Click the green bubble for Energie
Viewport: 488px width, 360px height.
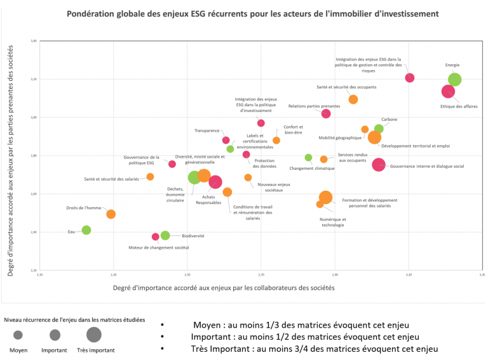(454, 80)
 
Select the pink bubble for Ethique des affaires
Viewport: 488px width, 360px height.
(449, 92)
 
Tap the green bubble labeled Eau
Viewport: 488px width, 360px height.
(86, 230)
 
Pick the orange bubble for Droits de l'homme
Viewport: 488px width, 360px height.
(111, 214)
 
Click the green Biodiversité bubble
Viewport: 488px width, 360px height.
(165, 235)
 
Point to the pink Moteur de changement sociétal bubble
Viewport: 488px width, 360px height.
(156, 237)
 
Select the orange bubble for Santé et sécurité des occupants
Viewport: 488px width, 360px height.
(353, 99)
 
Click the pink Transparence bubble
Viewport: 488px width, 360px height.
(226, 140)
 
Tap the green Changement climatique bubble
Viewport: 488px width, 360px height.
(308, 157)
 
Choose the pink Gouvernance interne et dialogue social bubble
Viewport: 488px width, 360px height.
(379, 165)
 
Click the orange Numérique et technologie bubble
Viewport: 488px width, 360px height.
(320, 204)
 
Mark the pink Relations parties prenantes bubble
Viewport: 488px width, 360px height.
(326, 114)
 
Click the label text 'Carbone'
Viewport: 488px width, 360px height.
(390, 120)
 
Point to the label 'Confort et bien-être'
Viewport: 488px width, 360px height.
(293, 130)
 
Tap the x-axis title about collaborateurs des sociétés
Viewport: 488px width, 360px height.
(223, 287)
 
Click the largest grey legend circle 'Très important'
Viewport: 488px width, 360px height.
(94, 335)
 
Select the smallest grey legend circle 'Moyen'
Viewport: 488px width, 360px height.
(18, 335)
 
